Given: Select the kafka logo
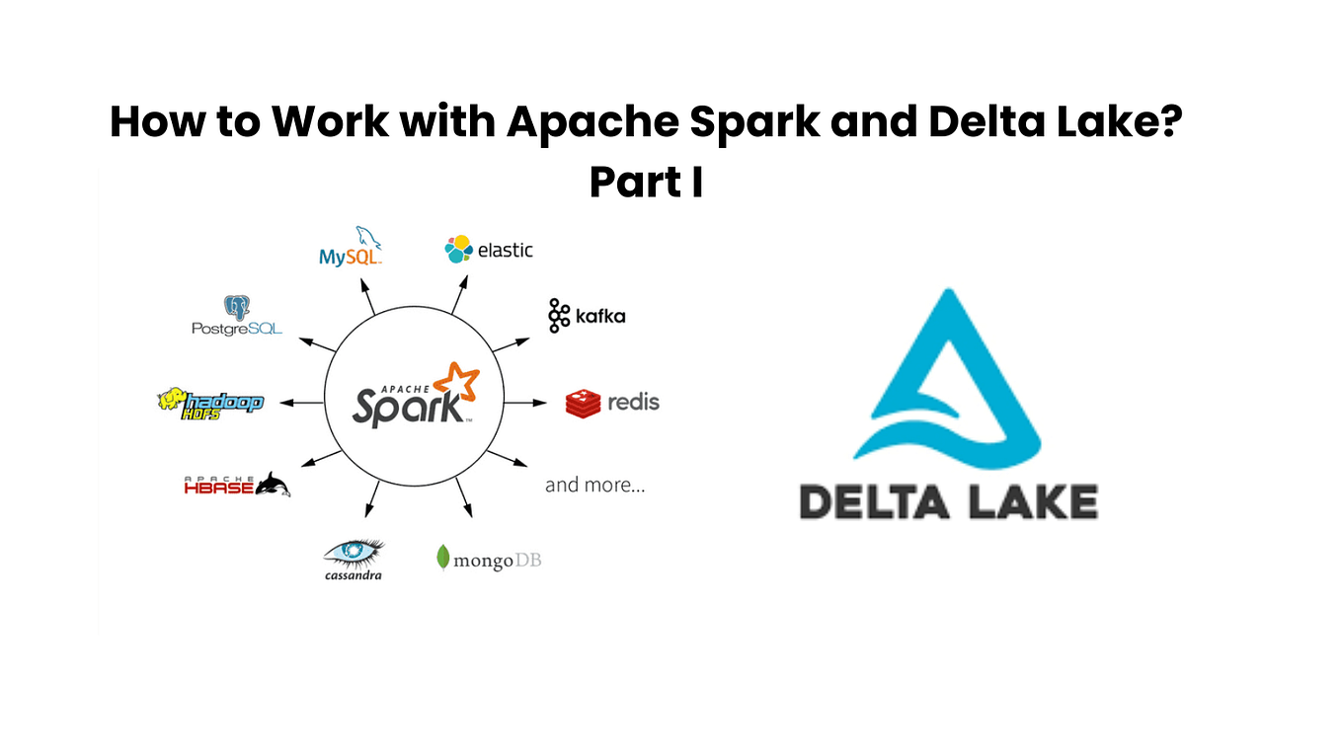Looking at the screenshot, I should click(587, 316).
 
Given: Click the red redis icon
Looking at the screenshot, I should click(583, 403).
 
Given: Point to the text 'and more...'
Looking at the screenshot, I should click(594, 485).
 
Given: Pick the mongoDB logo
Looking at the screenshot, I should click(488, 560).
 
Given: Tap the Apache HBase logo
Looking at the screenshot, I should click(237, 485).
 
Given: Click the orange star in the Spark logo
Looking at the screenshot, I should click(457, 383).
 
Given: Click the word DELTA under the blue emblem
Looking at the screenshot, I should click(871, 501).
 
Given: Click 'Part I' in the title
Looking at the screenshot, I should click(646, 183).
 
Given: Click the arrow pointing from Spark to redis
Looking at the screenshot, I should click(525, 403).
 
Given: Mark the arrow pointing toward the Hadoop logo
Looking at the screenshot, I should click(302, 403).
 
